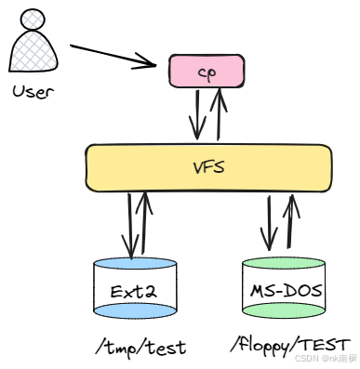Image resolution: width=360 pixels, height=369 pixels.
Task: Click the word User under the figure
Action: click(x=34, y=91)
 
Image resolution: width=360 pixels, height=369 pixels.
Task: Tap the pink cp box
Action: click(x=206, y=71)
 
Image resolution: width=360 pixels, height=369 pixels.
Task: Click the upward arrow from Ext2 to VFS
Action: click(x=145, y=223)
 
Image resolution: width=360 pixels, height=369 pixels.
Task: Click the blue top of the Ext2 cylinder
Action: click(x=135, y=264)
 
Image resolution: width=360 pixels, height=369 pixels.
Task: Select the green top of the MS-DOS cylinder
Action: click(x=286, y=263)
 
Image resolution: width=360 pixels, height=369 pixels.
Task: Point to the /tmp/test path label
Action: click(x=140, y=347)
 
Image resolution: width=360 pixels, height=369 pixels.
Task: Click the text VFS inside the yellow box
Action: click(x=208, y=168)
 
